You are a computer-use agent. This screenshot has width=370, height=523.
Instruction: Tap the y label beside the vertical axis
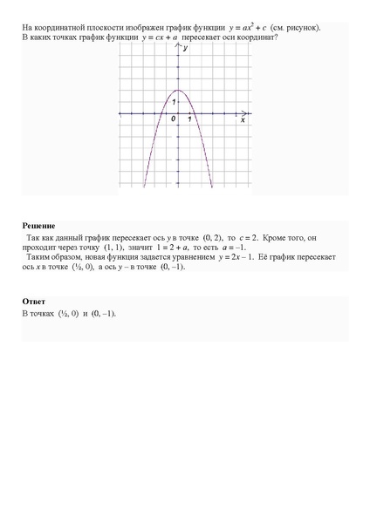tap(186, 51)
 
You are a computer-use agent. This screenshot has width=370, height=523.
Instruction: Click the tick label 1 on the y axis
tap(174, 103)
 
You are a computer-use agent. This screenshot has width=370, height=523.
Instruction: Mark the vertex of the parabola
tap(178, 90)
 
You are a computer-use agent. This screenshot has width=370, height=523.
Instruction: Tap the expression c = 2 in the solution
tap(241, 237)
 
